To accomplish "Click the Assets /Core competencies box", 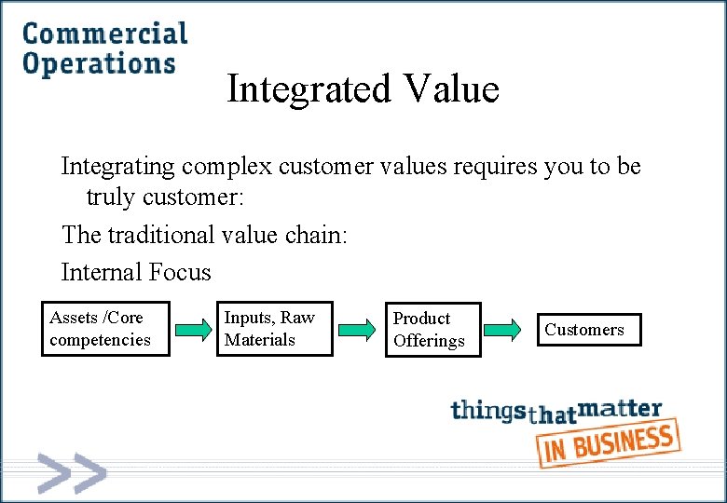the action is (105, 329).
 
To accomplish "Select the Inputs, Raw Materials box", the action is (275, 329).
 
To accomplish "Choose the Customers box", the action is (588, 330).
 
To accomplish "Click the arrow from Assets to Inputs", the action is (194, 330).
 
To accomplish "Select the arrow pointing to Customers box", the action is (502, 330).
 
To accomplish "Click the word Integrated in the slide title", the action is (309, 89).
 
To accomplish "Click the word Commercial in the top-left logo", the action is (105, 34).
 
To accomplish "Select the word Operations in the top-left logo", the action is (99, 63).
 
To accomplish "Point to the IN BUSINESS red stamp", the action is (609, 442).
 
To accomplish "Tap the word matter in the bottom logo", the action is (621, 409).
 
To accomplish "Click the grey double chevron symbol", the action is (71, 472).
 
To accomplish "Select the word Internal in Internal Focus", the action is (98, 272).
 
